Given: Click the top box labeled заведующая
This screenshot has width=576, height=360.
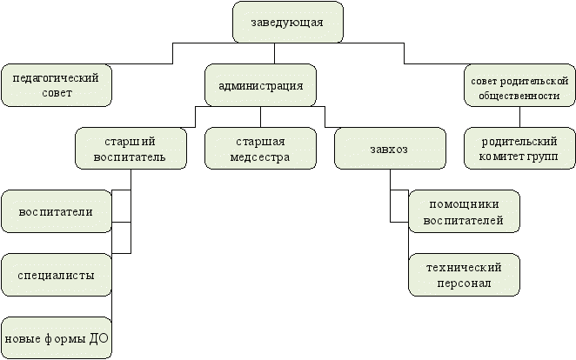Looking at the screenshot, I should click(287, 23).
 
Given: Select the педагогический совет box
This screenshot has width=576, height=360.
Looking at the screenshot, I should click(57, 84).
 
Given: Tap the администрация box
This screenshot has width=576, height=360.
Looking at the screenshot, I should click(259, 86).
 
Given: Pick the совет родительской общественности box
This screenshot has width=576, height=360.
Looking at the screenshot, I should click(519, 88).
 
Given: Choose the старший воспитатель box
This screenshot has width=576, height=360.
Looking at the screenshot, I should click(131, 148).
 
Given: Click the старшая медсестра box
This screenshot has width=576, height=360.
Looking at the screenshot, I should click(260, 148).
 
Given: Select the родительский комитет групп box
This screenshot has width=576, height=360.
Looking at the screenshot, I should click(519, 148).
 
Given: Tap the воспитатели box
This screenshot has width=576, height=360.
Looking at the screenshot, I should click(56, 211).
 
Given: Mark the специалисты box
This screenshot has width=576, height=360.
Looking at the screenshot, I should click(56, 275).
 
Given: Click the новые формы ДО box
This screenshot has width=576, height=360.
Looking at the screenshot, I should click(56, 337).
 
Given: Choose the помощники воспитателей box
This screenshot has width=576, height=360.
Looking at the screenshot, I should click(464, 211).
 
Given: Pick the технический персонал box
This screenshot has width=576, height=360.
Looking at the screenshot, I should click(464, 275).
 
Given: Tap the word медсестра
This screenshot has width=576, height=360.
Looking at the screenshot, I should click(260, 157).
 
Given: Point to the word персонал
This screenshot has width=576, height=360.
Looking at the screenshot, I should click(464, 283).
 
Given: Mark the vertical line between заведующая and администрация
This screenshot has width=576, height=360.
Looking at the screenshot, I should click(274, 55).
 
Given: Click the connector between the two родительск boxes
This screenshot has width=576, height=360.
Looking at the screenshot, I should click(519, 117).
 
